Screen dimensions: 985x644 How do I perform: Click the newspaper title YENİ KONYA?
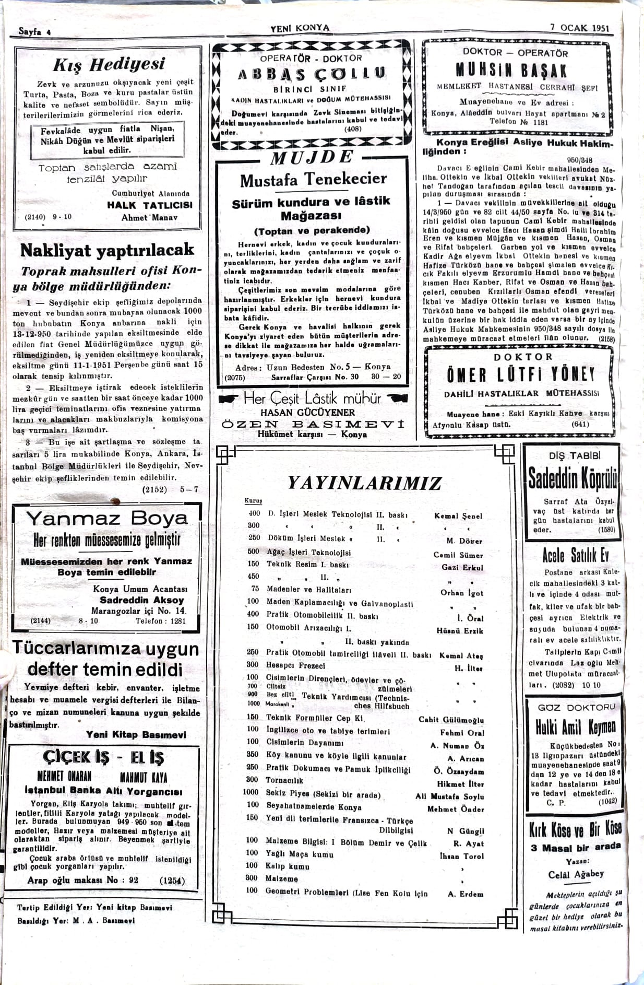click(300, 28)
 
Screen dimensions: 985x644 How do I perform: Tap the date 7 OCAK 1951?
click(579, 28)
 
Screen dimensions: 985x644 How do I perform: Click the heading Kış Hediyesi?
click(109, 65)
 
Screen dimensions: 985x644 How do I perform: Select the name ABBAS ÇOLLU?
click(312, 74)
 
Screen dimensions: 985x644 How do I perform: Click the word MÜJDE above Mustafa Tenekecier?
click(312, 157)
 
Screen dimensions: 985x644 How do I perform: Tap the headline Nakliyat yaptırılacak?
click(107, 251)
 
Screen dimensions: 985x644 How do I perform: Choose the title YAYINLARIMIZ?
click(364, 483)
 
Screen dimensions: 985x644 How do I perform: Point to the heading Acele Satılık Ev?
click(575, 555)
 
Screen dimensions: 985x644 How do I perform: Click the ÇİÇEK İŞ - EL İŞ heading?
click(103, 757)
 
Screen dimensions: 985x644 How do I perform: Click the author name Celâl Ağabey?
click(576, 874)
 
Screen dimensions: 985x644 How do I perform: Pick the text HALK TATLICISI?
click(149, 205)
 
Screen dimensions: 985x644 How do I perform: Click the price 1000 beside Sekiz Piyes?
click(251, 792)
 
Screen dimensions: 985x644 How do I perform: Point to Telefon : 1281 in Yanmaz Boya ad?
click(160, 621)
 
